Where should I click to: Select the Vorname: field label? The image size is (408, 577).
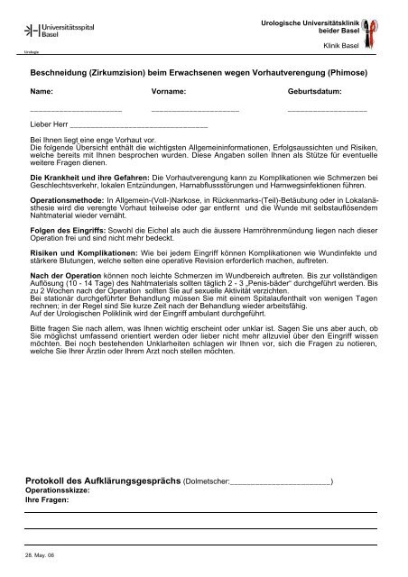coord(171,92)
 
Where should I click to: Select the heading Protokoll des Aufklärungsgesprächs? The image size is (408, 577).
coord(104,482)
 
